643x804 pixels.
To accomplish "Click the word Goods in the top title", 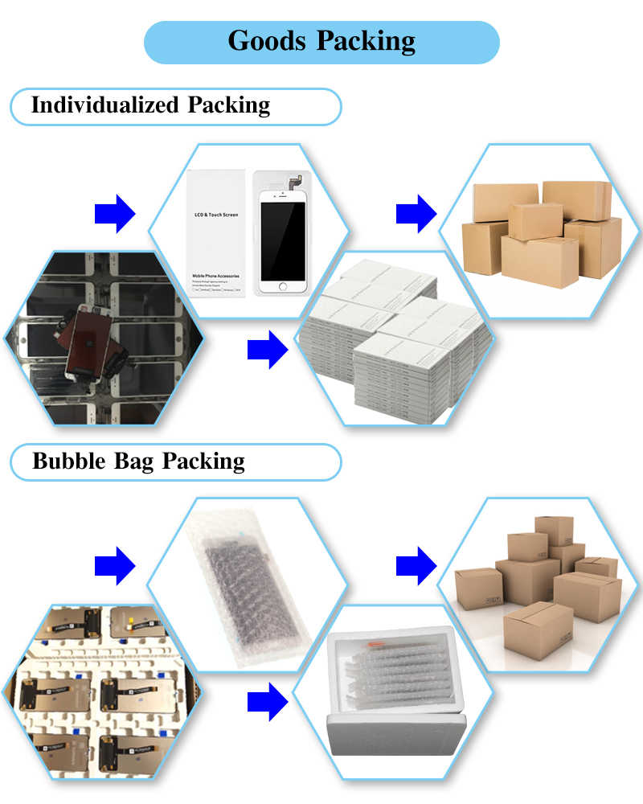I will point(266,41).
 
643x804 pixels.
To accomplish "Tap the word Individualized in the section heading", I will point(104,105).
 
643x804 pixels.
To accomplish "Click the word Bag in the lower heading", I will point(138,461).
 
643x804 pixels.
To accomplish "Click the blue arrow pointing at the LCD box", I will point(114,213).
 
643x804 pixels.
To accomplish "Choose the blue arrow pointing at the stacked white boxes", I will point(267,350).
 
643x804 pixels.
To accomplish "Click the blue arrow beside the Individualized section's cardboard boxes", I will point(416,213).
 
